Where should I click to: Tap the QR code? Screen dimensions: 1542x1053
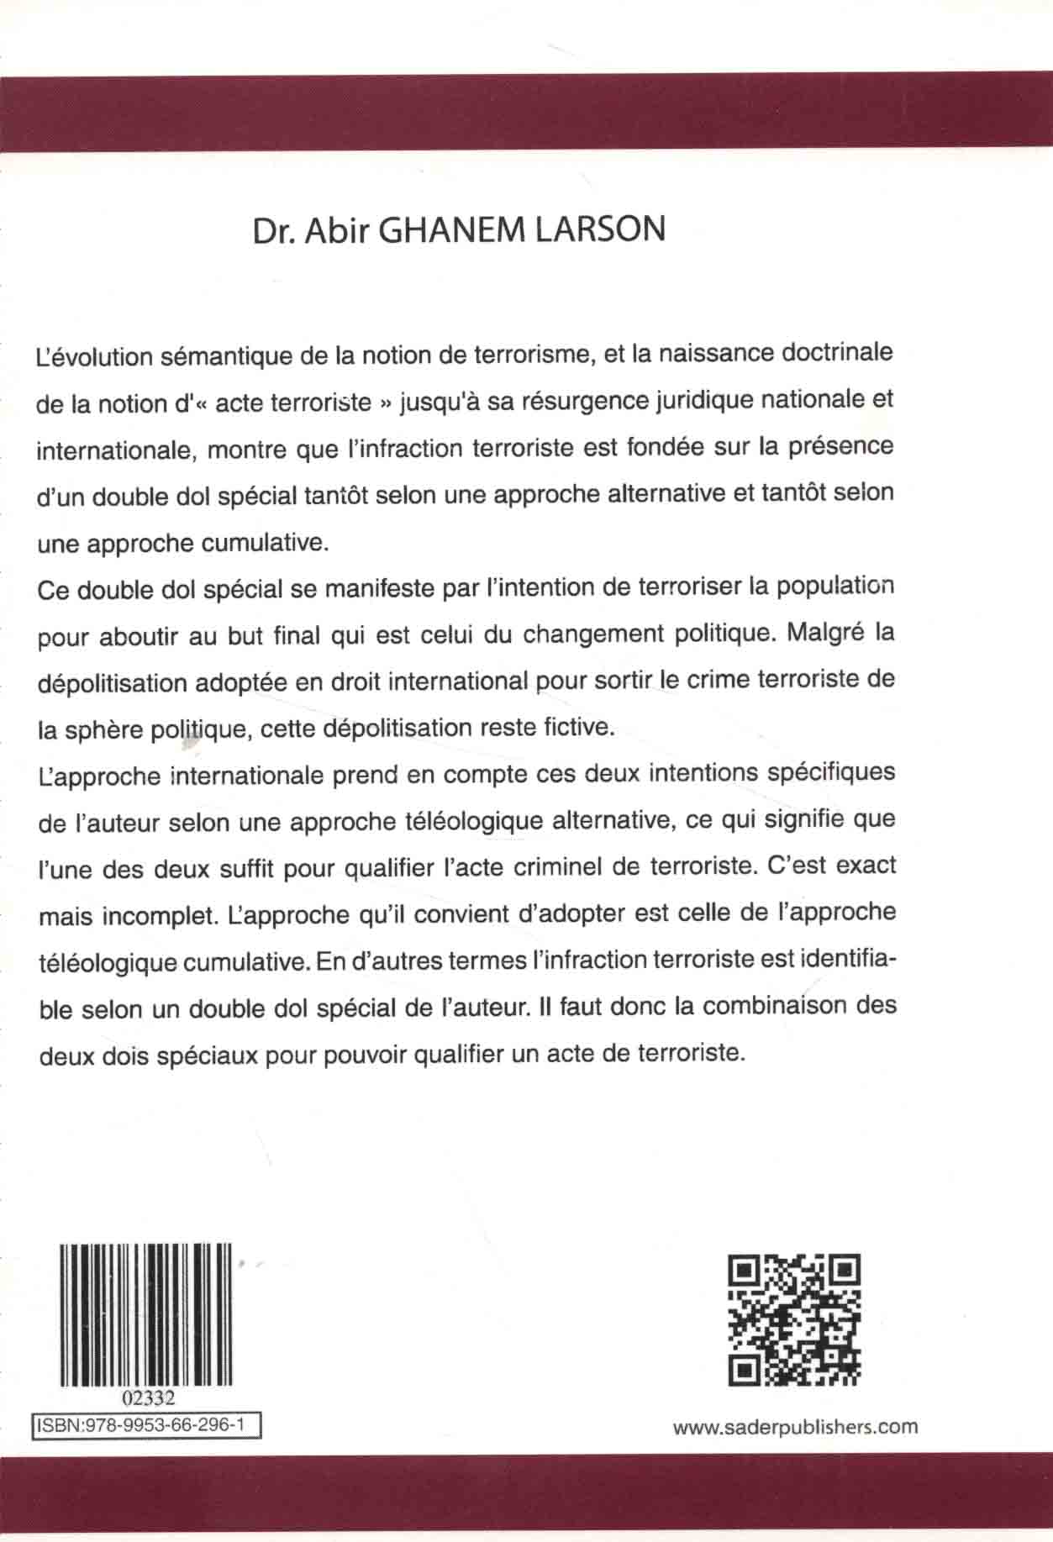794,1320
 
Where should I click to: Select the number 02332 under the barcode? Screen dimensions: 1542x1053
148,1398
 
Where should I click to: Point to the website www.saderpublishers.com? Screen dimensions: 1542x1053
795,1426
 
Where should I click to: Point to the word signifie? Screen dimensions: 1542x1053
802,819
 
